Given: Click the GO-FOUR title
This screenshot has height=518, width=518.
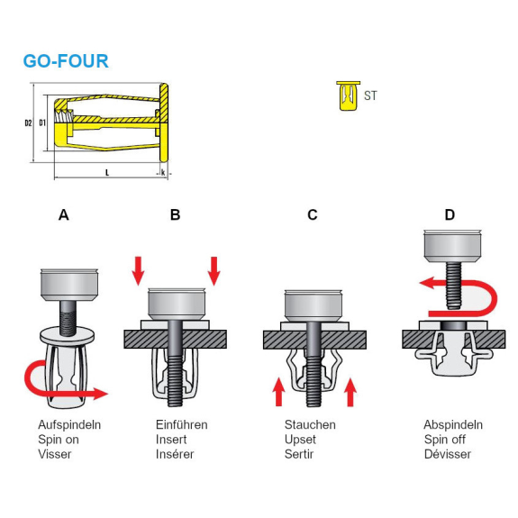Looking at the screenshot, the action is click(x=66, y=61).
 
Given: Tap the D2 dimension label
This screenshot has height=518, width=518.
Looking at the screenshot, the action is click(x=29, y=123).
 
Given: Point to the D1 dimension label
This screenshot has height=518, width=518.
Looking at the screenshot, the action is click(x=42, y=123).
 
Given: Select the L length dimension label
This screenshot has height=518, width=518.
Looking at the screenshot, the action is click(x=107, y=172).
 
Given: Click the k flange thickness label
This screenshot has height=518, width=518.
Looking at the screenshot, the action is click(x=163, y=172).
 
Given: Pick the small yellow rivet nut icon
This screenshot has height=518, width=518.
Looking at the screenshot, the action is click(x=349, y=95).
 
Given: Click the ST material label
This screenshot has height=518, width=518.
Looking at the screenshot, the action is click(x=370, y=95).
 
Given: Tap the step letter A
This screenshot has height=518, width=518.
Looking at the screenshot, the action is click(x=64, y=214).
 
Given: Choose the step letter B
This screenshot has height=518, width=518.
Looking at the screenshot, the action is click(x=175, y=214).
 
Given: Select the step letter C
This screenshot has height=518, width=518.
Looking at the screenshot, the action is click(x=313, y=214).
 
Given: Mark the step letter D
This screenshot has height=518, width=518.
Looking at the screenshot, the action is click(x=450, y=214).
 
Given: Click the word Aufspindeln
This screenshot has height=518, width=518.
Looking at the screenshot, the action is click(x=69, y=425).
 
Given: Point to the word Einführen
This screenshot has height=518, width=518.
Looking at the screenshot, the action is click(x=182, y=425).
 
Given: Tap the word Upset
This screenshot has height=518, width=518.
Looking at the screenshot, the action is click(x=300, y=440).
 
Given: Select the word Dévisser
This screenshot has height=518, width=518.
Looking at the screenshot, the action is click(x=448, y=454).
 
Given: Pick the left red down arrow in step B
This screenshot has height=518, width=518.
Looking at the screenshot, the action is click(x=138, y=271).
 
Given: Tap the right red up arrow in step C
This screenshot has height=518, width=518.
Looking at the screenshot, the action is click(x=350, y=392).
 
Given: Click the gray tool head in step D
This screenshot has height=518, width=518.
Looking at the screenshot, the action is click(x=452, y=246).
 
